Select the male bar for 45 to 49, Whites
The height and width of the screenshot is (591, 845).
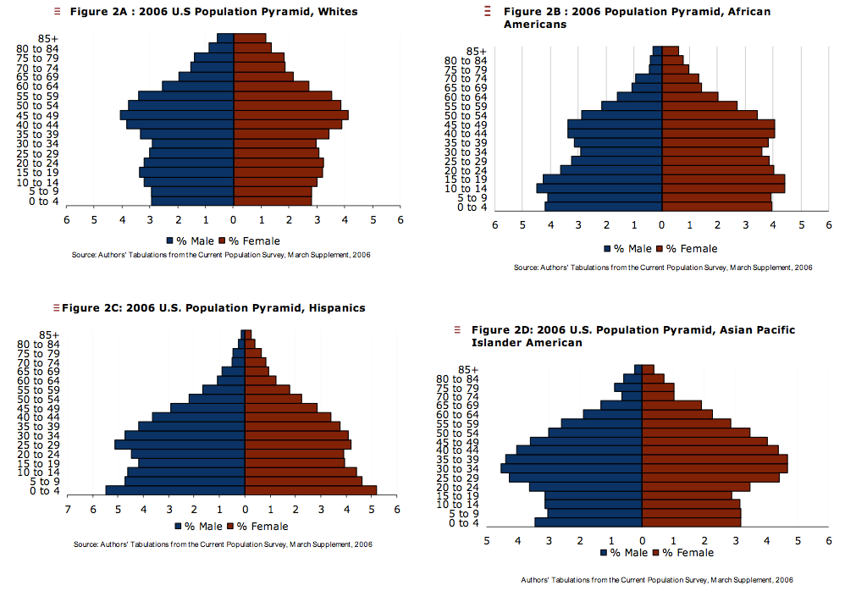pos(177,115)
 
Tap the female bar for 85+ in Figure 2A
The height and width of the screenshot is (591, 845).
pos(250,38)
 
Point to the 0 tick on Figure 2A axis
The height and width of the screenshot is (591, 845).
pos(234,219)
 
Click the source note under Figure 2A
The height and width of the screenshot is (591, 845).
pos(221,254)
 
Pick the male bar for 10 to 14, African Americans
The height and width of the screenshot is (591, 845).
pos(599,188)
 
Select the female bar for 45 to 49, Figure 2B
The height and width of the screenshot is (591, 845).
pos(718,124)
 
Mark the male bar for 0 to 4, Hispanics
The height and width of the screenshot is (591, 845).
pos(175,490)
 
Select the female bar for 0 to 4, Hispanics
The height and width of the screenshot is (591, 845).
pos(311,490)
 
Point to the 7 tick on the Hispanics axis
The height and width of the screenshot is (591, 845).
pos(68,510)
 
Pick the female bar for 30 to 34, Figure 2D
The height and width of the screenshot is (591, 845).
pos(715,468)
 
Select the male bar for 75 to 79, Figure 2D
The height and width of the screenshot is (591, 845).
pos(628,388)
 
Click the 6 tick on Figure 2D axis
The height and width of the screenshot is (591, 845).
pos(828,539)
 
